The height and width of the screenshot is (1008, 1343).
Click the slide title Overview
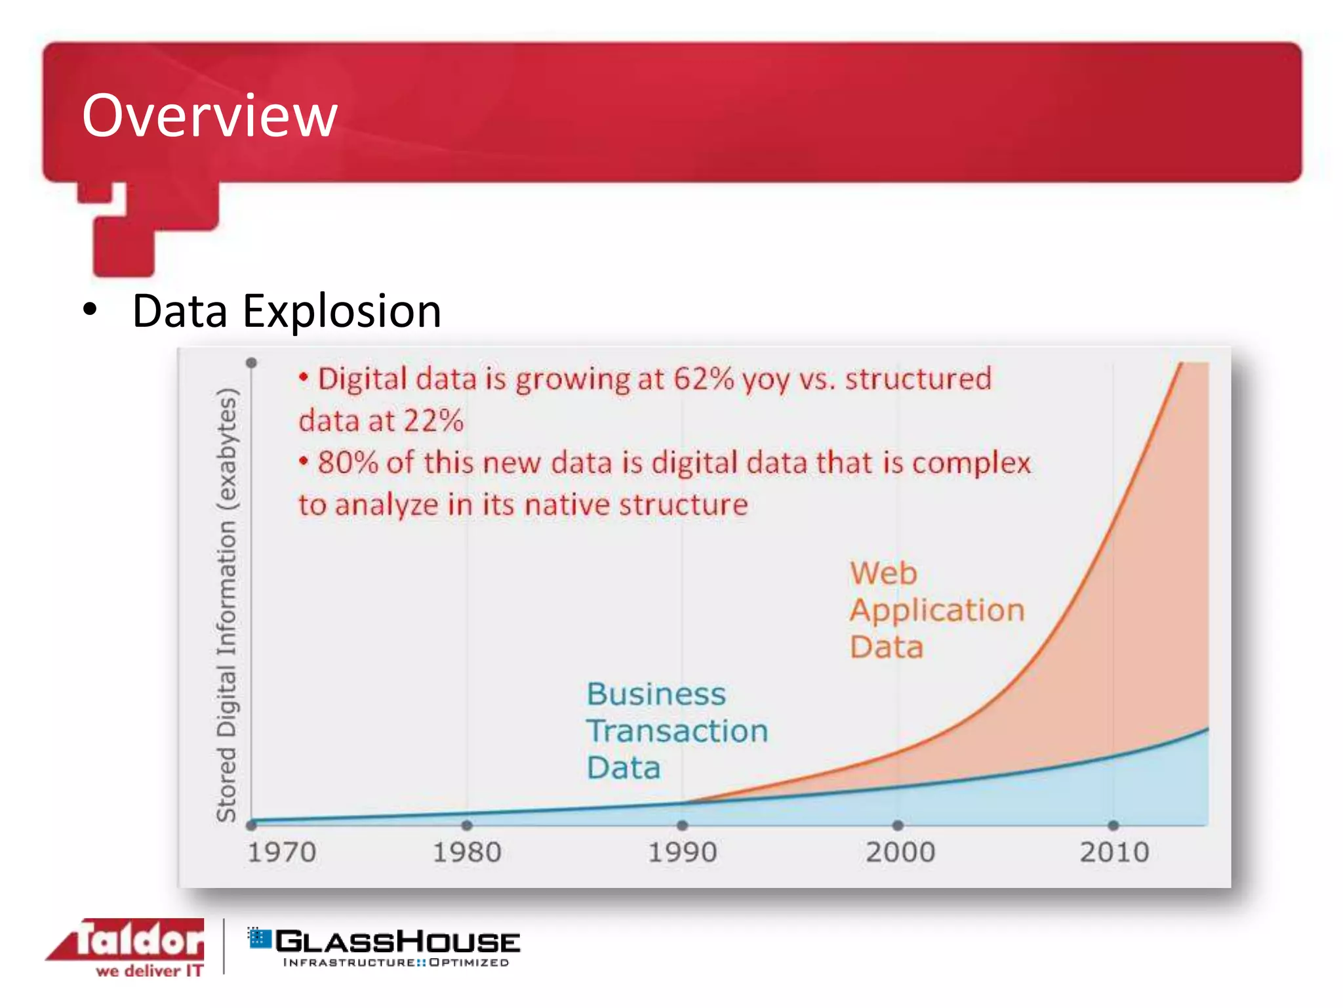(x=209, y=116)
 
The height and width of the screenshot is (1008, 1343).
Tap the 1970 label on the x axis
(x=281, y=852)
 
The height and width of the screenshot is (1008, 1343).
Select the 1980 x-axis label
(x=467, y=852)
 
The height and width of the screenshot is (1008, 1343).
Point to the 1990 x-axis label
(x=682, y=852)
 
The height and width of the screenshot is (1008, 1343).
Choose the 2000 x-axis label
(x=900, y=852)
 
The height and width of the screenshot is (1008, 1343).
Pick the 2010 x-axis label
(x=1114, y=852)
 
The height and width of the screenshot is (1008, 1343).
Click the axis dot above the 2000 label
(x=898, y=825)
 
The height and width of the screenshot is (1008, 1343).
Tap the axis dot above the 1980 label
(x=467, y=825)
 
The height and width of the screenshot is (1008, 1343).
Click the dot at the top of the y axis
(x=251, y=363)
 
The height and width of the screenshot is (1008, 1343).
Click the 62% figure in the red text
(x=703, y=379)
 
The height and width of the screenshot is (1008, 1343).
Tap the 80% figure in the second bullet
(x=348, y=463)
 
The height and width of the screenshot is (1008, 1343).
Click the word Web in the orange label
(x=883, y=574)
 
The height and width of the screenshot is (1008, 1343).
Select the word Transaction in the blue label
(x=677, y=731)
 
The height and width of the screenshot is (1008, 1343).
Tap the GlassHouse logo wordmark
(x=397, y=942)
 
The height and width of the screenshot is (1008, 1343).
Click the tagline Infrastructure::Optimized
(x=395, y=963)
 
